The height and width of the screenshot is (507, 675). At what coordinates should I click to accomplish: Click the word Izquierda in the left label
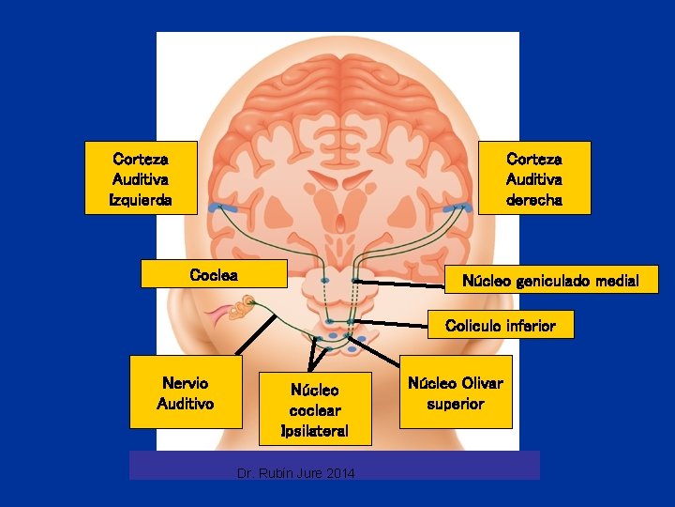pyautogui.click(x=141, y=200)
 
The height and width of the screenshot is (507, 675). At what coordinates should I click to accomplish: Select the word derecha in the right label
pyautogui.click(x=534, y=200)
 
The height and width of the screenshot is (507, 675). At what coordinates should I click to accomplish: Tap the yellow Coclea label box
pyautogui.click(x=214, y=275)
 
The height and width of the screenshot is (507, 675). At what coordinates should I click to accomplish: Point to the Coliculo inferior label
pyautogui.click(x=501, y=326)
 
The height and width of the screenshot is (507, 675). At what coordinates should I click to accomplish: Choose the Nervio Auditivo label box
pyautogui.click(x=186, y=392)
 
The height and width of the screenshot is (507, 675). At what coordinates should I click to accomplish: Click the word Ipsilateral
pyautogui.click(x=315, y=431)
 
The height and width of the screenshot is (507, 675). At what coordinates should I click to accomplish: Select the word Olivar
pyautogui.click(x=482, y=383)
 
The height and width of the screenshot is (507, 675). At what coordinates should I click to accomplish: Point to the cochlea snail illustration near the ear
pyautogui.click(x=246, y=306)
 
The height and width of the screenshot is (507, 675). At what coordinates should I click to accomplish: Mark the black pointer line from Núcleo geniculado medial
pyautogui.click(x=403, y=282)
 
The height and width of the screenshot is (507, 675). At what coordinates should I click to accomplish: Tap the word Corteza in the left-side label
pyautogui.click(x=141, y=159)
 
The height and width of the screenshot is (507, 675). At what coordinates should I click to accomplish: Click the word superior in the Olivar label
pyautogui.click(x=456, y=404)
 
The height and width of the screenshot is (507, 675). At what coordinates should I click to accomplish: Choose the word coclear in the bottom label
pyautogui.click(x=315, y=410)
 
